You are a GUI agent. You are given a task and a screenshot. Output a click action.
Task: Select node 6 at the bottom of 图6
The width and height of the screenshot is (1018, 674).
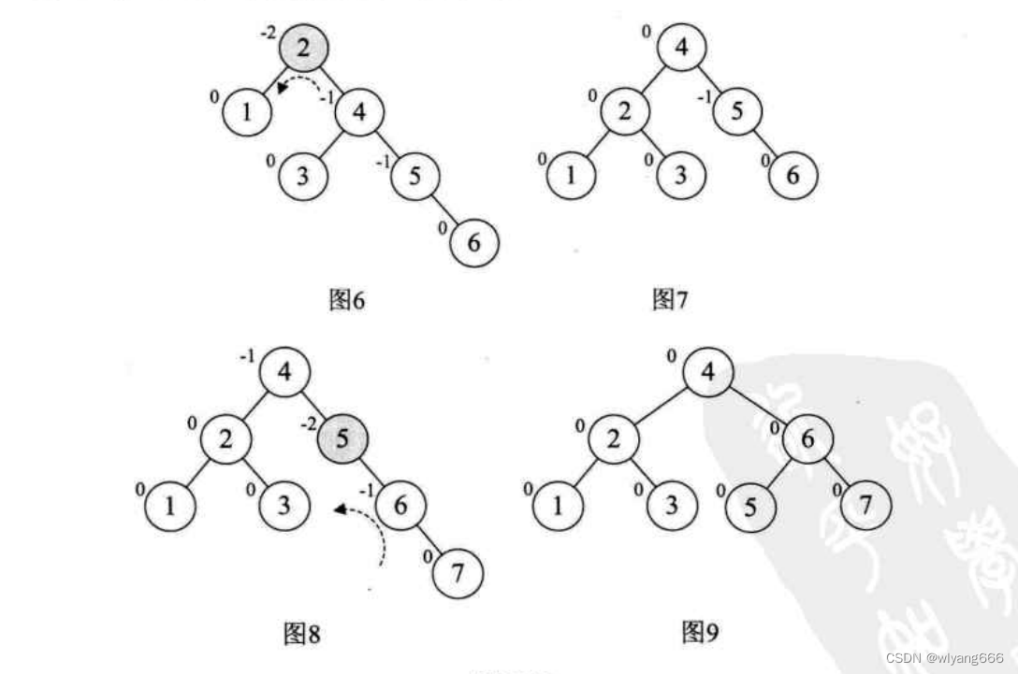[474, 244]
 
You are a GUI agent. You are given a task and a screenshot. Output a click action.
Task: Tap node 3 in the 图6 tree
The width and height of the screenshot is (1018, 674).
[302, 176]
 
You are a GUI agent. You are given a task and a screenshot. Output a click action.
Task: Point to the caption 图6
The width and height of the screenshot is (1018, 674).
[347, 300]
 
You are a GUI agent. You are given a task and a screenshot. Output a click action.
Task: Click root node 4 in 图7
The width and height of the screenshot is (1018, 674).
[681, 47]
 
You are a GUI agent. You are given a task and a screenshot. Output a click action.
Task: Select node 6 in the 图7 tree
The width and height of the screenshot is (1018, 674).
[793, 175]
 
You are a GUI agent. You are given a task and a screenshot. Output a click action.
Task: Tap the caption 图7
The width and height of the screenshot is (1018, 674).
[669, 300]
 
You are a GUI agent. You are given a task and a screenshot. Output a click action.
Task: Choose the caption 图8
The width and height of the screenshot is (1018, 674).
[301, 635]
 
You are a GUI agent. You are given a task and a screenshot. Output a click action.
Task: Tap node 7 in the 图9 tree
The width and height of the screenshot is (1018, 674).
[865, 507]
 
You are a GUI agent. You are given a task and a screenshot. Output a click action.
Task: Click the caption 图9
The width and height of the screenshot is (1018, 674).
[700, 633]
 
